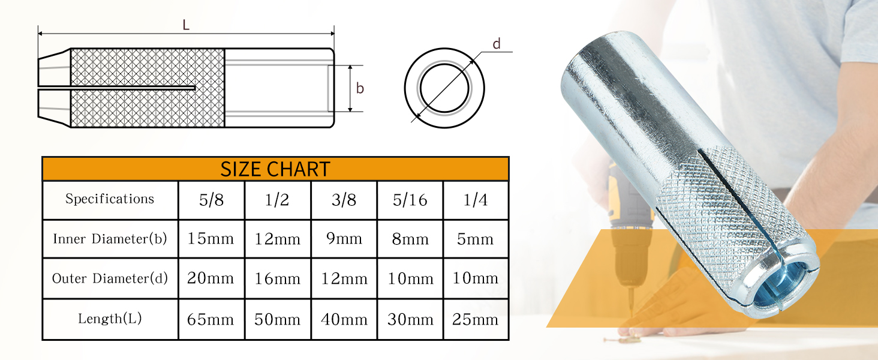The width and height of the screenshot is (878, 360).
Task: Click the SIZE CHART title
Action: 275,169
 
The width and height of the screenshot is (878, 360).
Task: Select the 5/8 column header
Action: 211,200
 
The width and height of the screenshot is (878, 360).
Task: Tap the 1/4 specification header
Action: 476,200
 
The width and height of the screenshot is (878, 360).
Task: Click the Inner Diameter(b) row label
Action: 110,238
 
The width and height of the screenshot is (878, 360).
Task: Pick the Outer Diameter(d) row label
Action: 110,278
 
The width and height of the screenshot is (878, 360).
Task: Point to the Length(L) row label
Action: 110,318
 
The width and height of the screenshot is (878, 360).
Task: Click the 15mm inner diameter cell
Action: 211,238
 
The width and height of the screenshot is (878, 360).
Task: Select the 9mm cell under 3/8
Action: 344,238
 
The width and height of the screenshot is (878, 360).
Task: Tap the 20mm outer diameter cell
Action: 211,278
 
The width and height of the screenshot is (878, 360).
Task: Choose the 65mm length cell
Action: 211,319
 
